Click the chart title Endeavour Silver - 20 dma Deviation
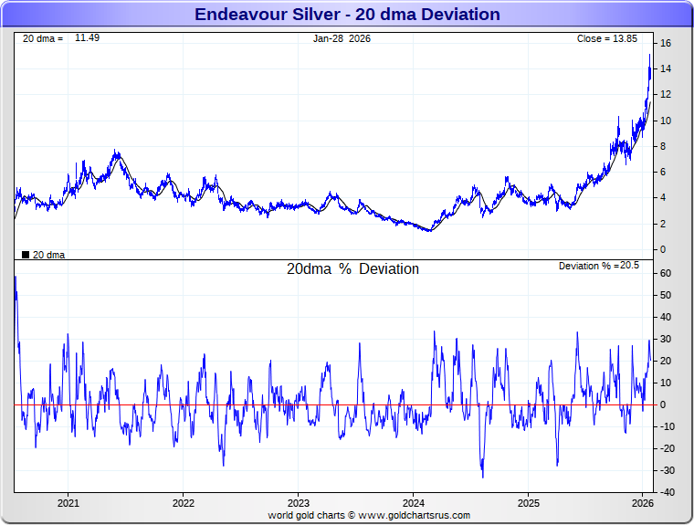click(347, 15)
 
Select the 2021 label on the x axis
click(68, 503)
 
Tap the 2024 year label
click(413, 503)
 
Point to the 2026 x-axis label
click(642, 503)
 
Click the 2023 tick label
click(298, 503)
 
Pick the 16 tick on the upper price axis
click(667, 43)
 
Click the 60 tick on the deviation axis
click(667, 273)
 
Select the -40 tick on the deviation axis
click(667, 492)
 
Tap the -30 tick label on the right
click(667, 470)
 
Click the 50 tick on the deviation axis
click(667, 295)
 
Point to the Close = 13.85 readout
click(613, 39)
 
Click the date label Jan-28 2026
click(342, 39)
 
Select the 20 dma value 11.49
click(87, 38)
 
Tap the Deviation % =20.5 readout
click(599, 266)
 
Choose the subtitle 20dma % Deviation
click(352, 269)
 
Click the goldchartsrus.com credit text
click(369, 516)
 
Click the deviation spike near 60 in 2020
click(16, 277)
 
